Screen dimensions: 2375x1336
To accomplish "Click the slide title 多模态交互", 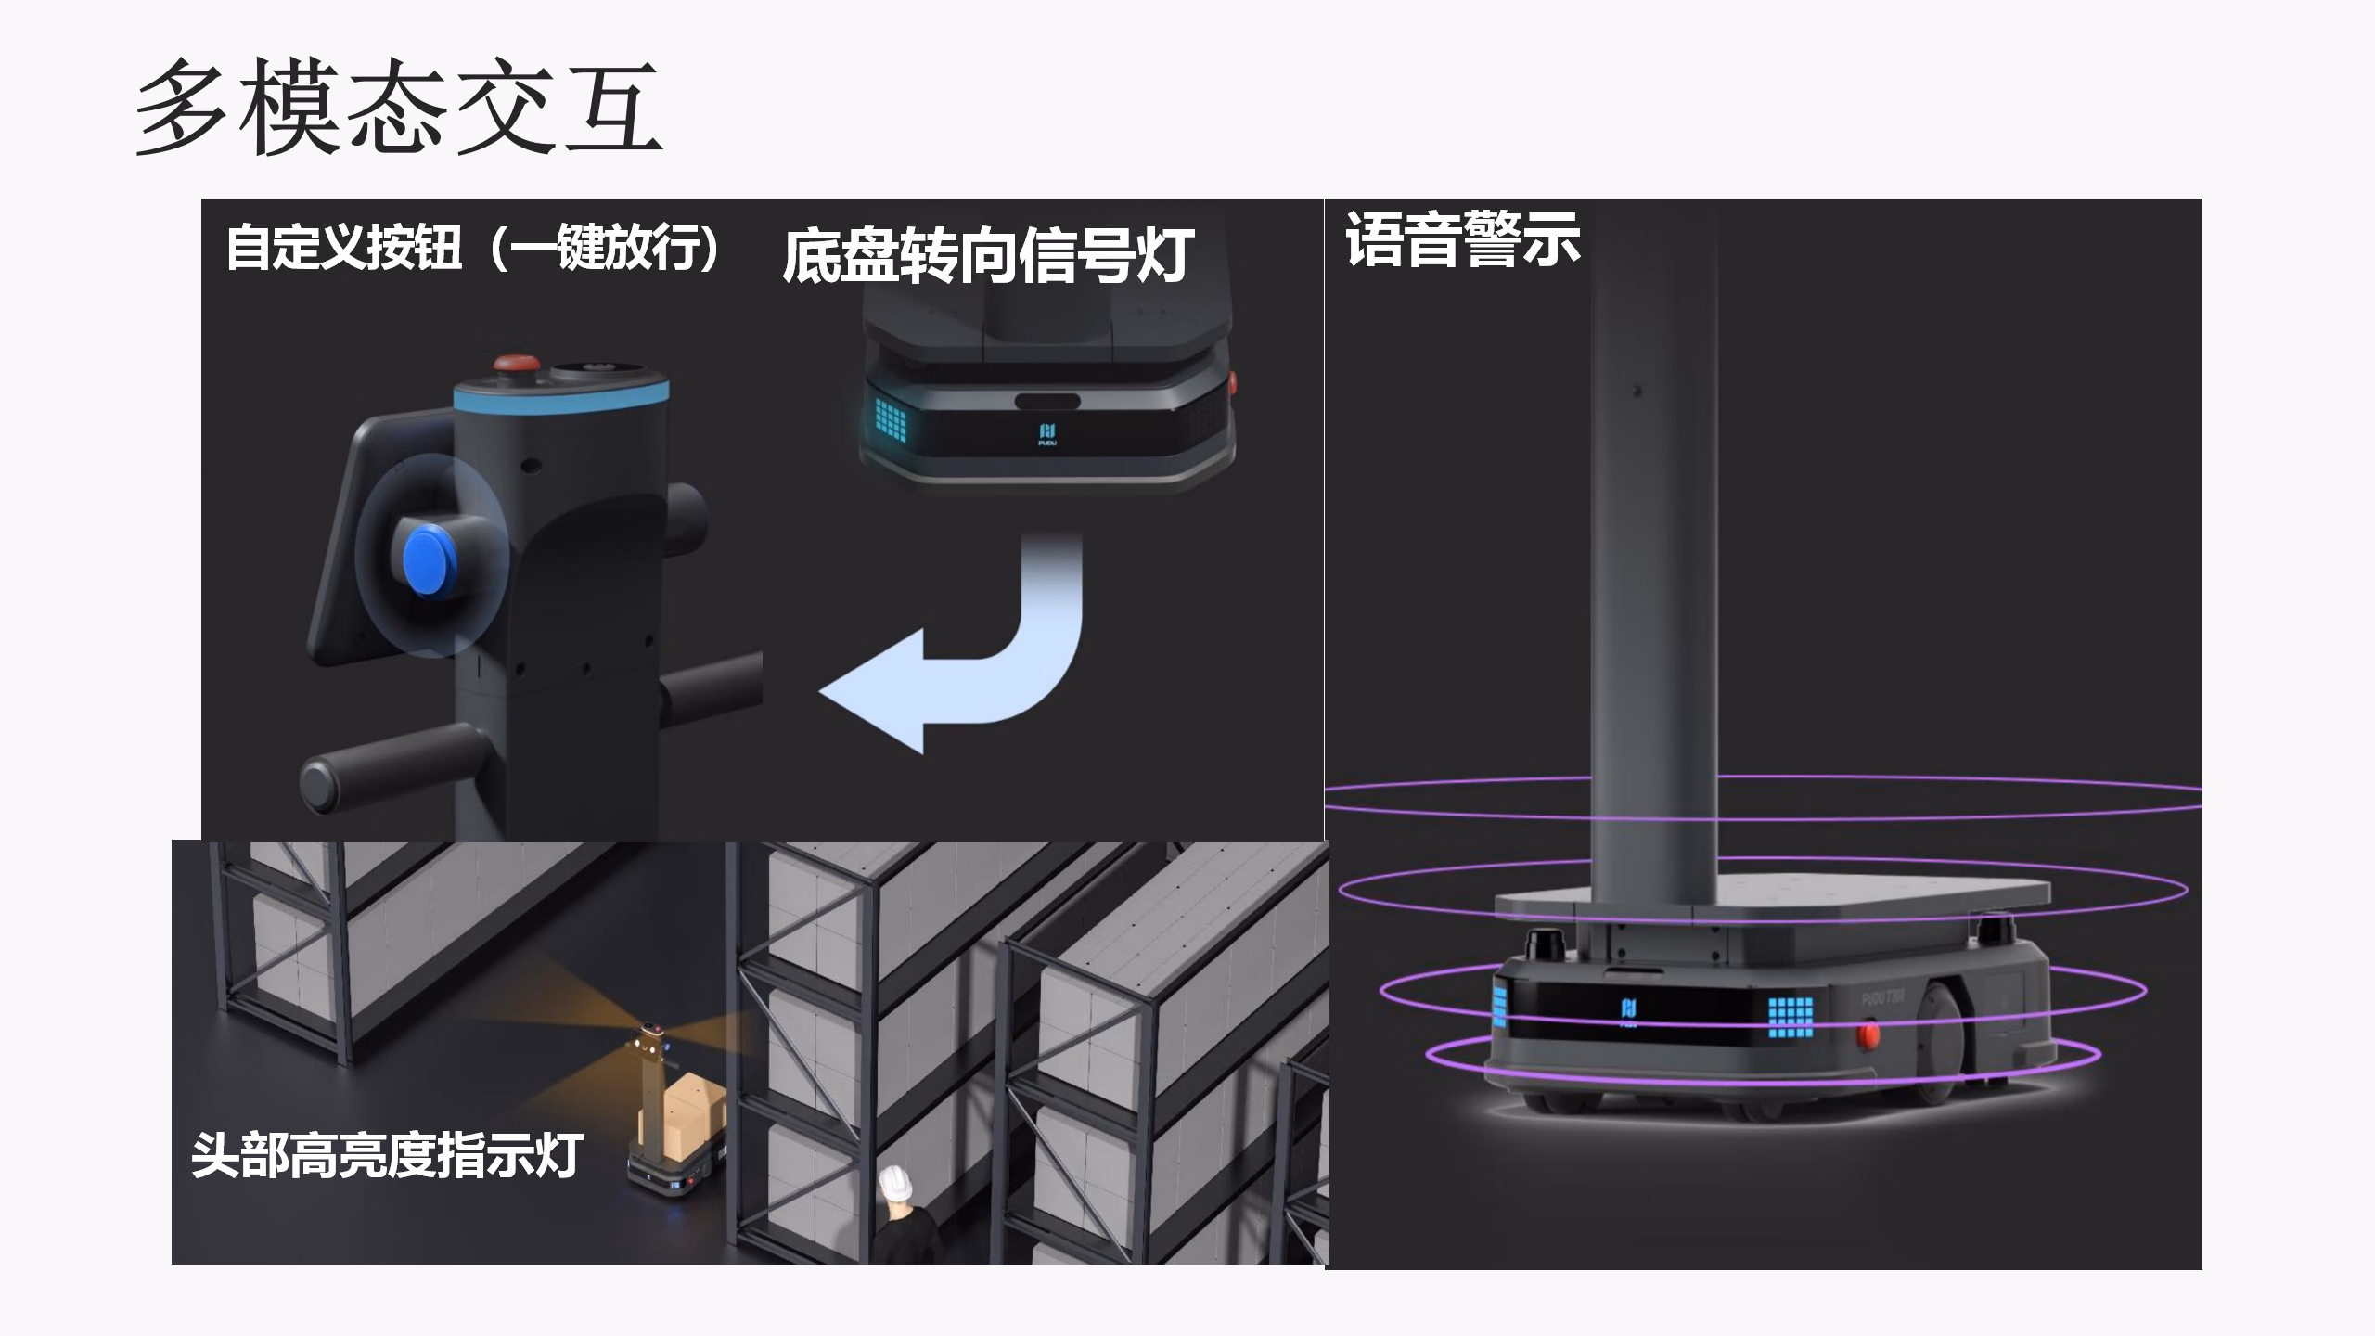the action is click(399, 107).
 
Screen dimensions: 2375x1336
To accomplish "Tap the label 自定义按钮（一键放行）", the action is click(472, 248).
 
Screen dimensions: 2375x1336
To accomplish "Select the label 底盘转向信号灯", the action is click(987, 255).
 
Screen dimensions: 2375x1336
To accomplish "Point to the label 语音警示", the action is click(1462, 239).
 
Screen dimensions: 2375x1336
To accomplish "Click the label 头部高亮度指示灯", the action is click(386, 1155).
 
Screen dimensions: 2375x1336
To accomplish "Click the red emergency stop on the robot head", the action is click(510, 363).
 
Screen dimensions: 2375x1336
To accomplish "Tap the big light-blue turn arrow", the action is click(965, 659).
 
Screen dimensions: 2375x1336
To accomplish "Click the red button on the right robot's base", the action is click(1867, 1033).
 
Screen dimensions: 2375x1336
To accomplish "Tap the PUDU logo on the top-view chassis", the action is click(1047, 433).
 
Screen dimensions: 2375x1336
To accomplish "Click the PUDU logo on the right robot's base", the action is click(1628, 1011).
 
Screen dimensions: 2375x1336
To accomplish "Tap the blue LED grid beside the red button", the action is click(1790, 1017).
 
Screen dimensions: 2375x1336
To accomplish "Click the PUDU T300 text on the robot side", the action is click(1883, 997).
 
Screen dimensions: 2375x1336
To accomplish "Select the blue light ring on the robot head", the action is click(560, 393).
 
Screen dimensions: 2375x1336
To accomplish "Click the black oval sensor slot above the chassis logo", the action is click(1046, 402).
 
